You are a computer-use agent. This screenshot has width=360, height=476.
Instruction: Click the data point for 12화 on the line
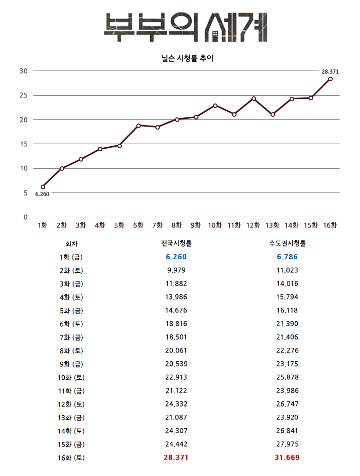point(254,98)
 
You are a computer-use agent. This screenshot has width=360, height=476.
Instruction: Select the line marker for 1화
point(43,187)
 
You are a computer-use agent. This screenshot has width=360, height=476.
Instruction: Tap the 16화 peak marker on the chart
point(330,79)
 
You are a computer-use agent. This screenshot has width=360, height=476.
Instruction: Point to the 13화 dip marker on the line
point(273,114)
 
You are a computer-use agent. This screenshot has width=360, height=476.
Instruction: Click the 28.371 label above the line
point(330,72)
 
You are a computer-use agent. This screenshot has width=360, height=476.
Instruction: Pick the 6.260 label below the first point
point(42,194)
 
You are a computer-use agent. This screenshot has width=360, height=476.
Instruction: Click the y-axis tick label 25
point(23,95)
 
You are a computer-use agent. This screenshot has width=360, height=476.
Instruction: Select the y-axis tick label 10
point(23,168)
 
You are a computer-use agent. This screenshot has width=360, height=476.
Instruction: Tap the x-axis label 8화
point(177,225)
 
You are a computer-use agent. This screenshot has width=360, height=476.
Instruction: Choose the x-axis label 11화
point(234,225)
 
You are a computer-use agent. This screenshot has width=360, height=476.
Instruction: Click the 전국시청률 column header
point(176,243)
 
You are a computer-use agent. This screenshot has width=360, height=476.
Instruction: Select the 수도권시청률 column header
point(287,243)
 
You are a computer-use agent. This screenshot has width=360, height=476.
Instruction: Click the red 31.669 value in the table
point(287,457)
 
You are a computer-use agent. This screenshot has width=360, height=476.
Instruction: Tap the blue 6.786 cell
point(287,257)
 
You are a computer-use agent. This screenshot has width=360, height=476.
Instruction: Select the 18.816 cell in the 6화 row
point(176,324)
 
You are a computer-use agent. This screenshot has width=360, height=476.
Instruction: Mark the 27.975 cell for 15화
point(287,444)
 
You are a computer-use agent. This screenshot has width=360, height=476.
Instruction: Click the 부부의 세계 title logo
point(185,27)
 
